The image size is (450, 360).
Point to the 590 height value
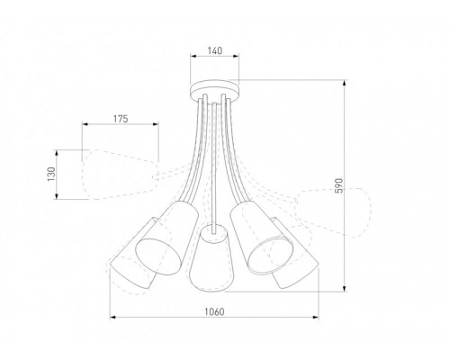coord(338,185)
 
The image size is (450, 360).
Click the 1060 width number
coord(213,311)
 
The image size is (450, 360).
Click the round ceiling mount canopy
coord(214,89)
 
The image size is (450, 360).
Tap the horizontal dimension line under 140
coord(214,60)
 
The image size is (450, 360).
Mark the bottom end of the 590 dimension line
coord(346,290)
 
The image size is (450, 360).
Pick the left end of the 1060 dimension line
coord(110,318)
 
